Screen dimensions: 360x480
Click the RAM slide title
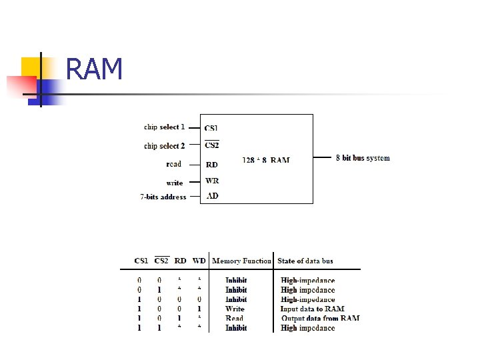pyautogui.click(x=95, y=69)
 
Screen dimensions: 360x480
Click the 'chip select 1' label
pyautogui.click(x=164, y=127)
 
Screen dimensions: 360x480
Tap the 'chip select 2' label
pyautogui.click(x=164, y=145)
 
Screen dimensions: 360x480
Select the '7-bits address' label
pyautogui.click(x=163, y=197)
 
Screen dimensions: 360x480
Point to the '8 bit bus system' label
pyautogui.click(x=363, y=158)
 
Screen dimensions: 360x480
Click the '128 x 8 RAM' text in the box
pyautogui.click(x=266, y=160)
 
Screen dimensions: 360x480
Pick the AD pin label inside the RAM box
pyautogui.click(x=212, y=196)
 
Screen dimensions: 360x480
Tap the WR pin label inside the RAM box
pyautogui.click(x=212, y=181)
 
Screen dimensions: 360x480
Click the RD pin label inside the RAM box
pyautogui.click(x=211, y=165)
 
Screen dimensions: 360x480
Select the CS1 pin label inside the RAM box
pyautogui.click(x=211, y=128)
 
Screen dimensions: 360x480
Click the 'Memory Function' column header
pyautogui.click(x=241, y=261)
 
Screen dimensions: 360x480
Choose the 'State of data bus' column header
pyautogui.click(x=305, y=261)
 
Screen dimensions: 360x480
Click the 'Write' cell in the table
pyautogui.click(x=235, y=309)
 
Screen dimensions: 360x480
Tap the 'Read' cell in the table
pyautogui.click(x=235, y=318)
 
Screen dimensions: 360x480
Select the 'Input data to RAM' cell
pyautogui.click(x=312, y=309)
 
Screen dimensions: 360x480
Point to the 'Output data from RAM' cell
pyautogui.click(x=320, y=318)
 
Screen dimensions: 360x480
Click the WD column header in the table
pyautogui.click(x=199, y=261)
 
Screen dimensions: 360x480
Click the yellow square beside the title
pyautogui.click(x=31, y=66)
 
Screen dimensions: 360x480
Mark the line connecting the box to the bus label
pyautogui.click(x=323, y=158)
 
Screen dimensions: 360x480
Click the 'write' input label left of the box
pyautogui.click(x=175, y=183)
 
